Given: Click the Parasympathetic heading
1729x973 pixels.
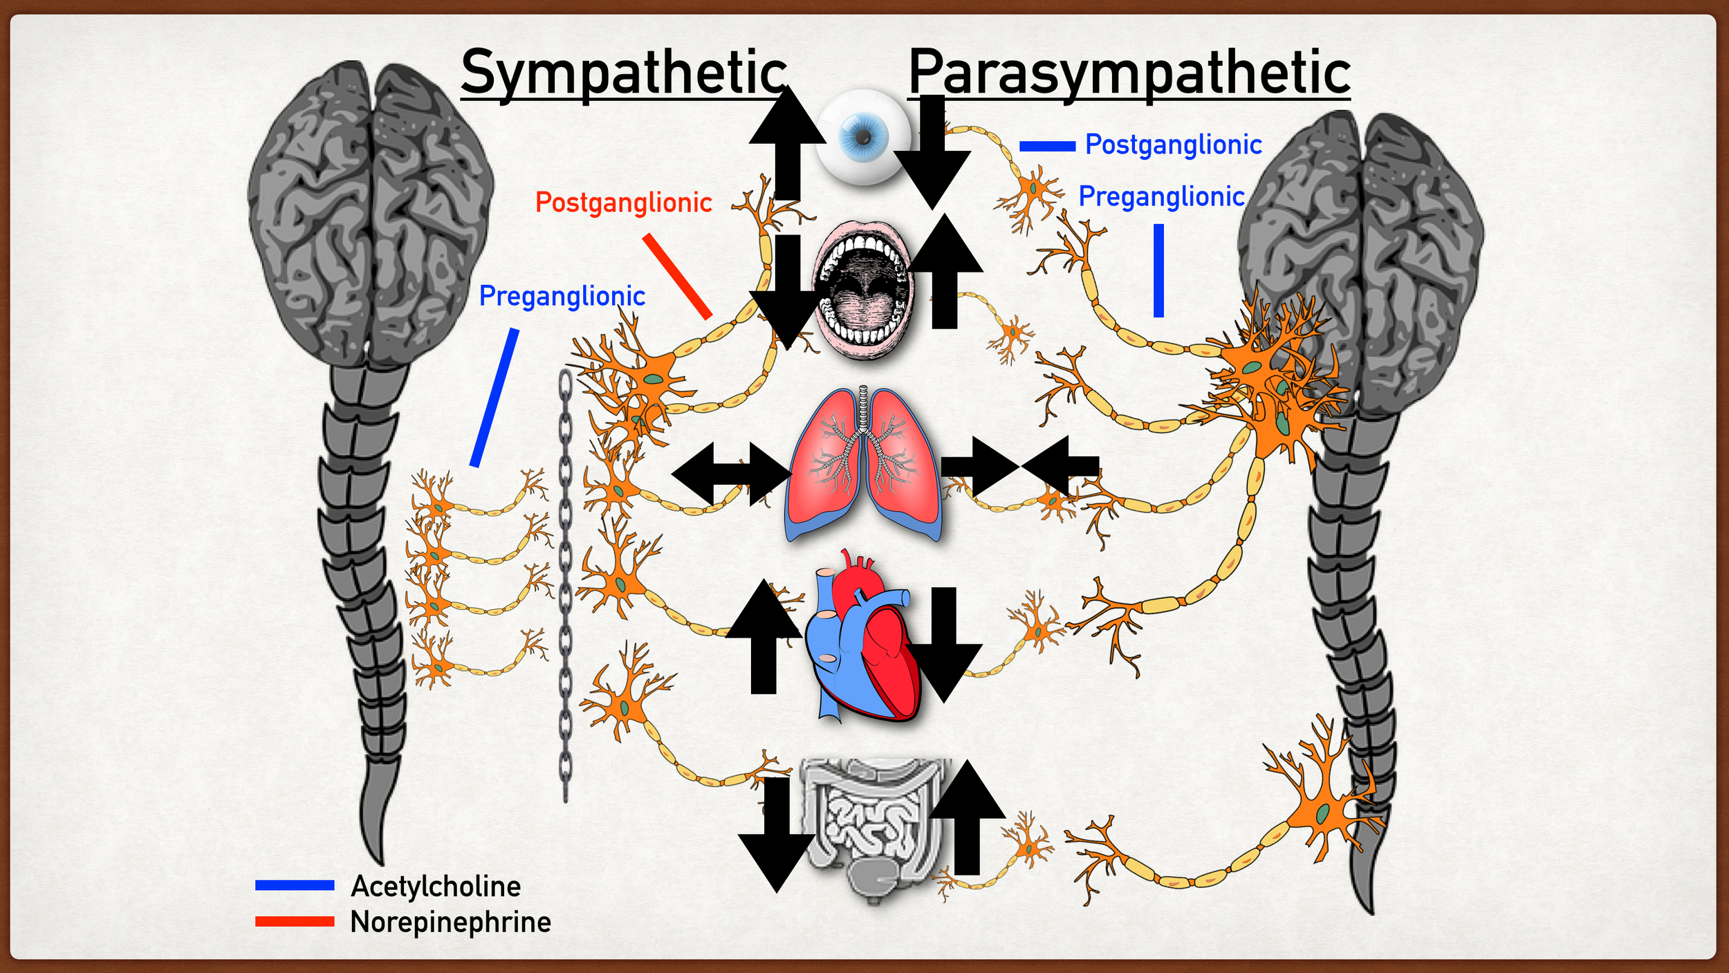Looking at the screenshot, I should click(1129, 73).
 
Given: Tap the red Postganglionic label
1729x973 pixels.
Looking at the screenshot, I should click(623, 203).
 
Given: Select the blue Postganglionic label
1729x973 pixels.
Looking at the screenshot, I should click(1173, 145).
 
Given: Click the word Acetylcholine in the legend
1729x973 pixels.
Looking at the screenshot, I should click(436, 886).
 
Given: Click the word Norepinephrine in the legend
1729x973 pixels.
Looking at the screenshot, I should click(450, 922).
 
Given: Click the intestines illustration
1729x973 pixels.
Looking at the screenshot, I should click(871, 823).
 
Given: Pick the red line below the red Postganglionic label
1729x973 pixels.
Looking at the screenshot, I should click(677, 276).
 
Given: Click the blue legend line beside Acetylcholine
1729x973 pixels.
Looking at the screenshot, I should click(295, 885).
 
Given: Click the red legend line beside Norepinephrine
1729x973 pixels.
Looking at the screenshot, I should click(295, 922).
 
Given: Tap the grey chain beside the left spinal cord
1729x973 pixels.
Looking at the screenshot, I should click(565, 588).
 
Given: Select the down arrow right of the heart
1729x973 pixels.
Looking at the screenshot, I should click(943, 643).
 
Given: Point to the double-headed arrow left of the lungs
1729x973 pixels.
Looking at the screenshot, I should click(732, 474).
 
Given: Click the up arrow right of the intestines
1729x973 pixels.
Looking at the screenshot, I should click(966, 819).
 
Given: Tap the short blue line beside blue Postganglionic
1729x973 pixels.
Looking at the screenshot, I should click(1047, 147).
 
